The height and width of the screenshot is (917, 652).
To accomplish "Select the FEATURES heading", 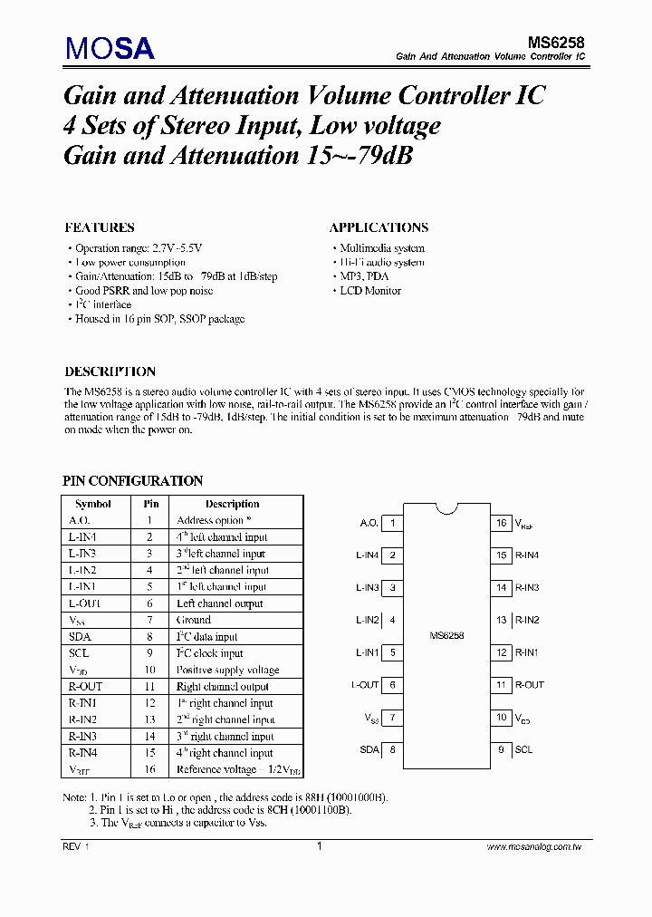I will click(x=100, y=227).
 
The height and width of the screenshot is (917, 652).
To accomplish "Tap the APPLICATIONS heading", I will click(x=379, y=227).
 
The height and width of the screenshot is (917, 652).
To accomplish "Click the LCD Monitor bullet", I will click(x=369, y=291).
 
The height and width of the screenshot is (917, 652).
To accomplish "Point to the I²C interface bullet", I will click(x=102, y=305).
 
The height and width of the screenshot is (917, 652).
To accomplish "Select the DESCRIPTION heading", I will click(x=110, y=372).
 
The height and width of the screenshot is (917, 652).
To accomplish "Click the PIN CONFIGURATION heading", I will click(x=132, y=481).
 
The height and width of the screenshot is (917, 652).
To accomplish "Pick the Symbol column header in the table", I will click(x=93, y=504).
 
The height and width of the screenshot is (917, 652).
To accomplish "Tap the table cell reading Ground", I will click(x=194, y=620).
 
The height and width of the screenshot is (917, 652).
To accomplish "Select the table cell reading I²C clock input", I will click(x=209, y=653).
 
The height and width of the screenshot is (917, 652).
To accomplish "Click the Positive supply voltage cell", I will click(x=227, y=670).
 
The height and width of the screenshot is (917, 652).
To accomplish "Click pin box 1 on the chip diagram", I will click(x=392, y=523).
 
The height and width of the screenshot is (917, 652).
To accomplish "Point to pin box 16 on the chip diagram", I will click(x=501, y=523).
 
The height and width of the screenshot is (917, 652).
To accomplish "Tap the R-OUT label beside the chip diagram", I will click(x=530, y=685).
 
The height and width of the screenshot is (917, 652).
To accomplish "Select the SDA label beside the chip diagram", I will click(x=368, y=749).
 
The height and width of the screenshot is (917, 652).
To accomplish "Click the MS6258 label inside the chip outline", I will click(x=446, y=636).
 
